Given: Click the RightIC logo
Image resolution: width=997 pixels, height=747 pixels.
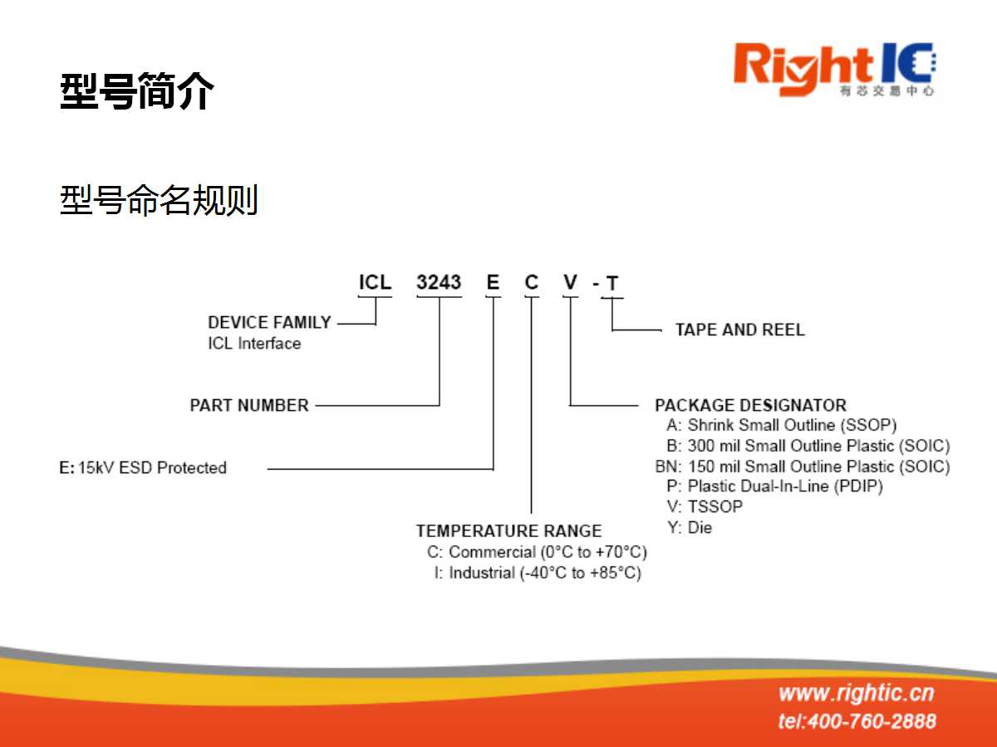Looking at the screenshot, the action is pyautogui.click(x=835, y=70).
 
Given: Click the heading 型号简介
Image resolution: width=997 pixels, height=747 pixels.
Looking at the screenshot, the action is pyautogui.click(x=137, y=90).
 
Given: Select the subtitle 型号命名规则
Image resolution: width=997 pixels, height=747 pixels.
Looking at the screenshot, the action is pyautogui.click(x=159, y=199).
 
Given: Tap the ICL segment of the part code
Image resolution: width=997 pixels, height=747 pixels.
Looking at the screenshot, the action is pyautogui.click(x=376, y=282).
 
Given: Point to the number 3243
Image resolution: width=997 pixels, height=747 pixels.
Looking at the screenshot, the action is pyautogui.click(x=439, y=282).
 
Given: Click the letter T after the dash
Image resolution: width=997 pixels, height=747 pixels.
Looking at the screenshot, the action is pyautogui.click(x=612, y=284).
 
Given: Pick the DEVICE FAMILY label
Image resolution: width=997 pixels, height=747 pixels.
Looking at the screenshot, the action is pyautogui.click(x=269, y=323).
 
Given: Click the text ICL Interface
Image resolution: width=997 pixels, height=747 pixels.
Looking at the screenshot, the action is pyautogui.click(x=254, y=344).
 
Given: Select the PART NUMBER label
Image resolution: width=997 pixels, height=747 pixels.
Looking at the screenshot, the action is pyautogui.click(x=249, y=405).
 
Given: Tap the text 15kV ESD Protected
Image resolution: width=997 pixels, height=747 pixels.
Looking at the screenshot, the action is pyautogui.click(x=152, y=467).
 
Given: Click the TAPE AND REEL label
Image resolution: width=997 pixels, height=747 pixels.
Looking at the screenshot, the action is pyautogui.click(x=740, y=330).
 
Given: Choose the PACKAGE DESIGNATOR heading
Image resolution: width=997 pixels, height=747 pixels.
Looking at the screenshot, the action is pyautogui.click(x=751, y=405).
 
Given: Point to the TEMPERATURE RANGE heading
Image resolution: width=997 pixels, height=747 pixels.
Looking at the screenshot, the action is pyautogui.click(x=508, y=530).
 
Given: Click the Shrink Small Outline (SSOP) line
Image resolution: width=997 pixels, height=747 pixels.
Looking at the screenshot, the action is pyautogui.click(x=782, y=426).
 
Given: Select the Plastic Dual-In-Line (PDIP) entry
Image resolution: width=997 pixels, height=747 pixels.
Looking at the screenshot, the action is pyautogui.click(x=775, y=486).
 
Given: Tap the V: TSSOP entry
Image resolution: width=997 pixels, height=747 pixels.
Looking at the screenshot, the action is pyautogui.click(x=705, y=506).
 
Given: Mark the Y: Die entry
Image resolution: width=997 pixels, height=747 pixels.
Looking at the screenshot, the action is pyautogui.click(x=690, y=528).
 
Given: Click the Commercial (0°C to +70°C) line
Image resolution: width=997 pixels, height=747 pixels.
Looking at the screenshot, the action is pyautogui.click(x=537, y=552).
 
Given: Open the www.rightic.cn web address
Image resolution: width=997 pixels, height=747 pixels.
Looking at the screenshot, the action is pyautogui.click(x=857, y=693).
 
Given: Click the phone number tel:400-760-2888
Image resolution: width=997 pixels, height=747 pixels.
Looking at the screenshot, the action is pyautogui.click(x=857, y=721).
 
